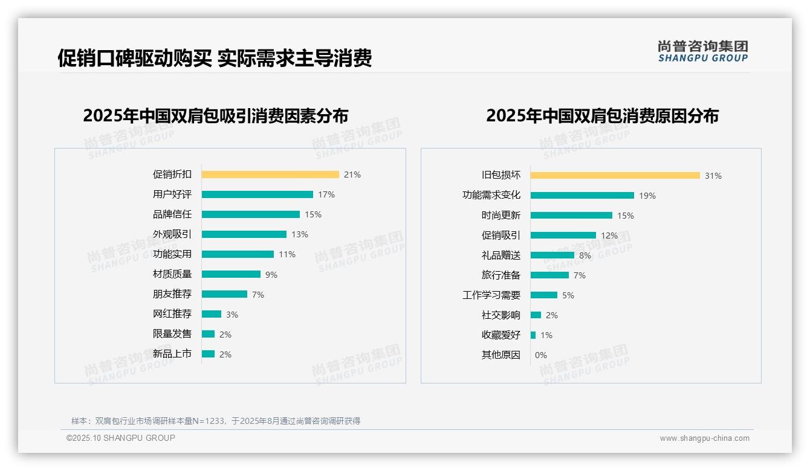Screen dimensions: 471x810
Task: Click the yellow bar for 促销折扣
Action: click(x=270, y=175)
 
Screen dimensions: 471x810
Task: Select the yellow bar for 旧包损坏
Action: click(x=615, y=176)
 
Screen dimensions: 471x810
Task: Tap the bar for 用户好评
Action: click(x=257, y=194)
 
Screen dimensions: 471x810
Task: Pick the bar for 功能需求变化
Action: click(x=582, y=196)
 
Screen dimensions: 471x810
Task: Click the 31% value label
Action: click(x=713, y=176)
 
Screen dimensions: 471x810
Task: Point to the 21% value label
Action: click(x=352, y=175)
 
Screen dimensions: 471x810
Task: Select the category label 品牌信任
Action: click(x=172, y=214)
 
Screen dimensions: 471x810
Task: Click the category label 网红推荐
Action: click(x=172, y=314)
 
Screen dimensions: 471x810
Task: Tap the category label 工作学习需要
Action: click(x=491, y=295)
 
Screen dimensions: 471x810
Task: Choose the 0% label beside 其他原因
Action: click(x=540, y=355)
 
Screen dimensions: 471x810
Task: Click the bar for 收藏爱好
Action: click(x=533, y=335)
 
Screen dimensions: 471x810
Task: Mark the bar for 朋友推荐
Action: click(x=224, y=294)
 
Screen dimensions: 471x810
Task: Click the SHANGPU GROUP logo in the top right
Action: click(x=702, y=51)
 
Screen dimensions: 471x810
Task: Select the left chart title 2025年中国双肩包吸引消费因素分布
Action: click(x=215, y=115)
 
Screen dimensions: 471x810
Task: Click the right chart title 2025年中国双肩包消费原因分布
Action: click(x=602, y=115)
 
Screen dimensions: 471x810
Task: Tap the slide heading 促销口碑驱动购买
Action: click(x=135, y=58)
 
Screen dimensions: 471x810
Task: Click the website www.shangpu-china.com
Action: click(x=704, y=438)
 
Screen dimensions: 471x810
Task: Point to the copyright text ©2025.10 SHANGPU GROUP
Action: click(x=121, y=438)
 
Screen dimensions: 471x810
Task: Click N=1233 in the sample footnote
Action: click(x=207, y=421)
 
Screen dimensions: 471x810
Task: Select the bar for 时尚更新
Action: click(x=571, y=216)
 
